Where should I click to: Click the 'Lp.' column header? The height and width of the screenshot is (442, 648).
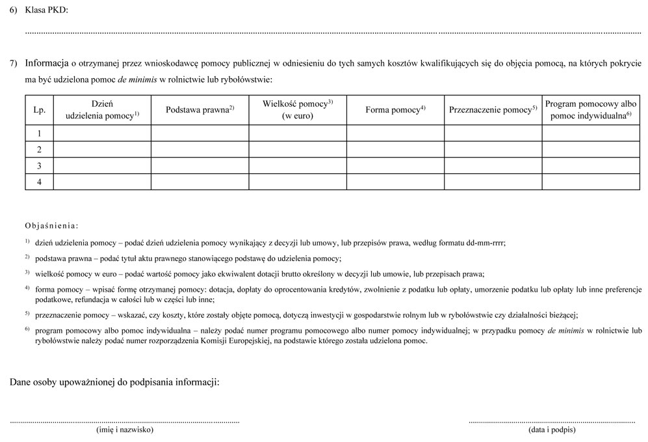tap(39, 110)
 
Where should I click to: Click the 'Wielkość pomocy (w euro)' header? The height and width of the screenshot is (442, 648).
tap(298, 110)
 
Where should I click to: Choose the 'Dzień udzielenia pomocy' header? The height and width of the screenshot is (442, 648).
tap(102, 110)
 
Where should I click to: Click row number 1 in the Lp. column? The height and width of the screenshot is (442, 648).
tap(39, 133)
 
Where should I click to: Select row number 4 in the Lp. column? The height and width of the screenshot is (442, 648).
tap(39, 182)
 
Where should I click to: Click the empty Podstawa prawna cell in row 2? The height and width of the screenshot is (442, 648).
tap(200, 150)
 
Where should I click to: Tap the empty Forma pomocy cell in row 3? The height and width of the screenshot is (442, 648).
tap(395, 166)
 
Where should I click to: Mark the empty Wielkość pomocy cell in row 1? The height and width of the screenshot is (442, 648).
tap(298, 133)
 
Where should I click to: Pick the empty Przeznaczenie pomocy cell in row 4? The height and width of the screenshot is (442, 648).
tap(493, 182)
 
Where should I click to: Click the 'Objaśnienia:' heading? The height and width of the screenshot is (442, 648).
tap(51, 226)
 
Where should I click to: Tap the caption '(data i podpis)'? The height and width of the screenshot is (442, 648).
tap(552, 430)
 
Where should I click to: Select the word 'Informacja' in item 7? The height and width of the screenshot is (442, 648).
tap(47, 64)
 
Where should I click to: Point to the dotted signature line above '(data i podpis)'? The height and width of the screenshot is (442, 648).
tap(552, 422)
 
